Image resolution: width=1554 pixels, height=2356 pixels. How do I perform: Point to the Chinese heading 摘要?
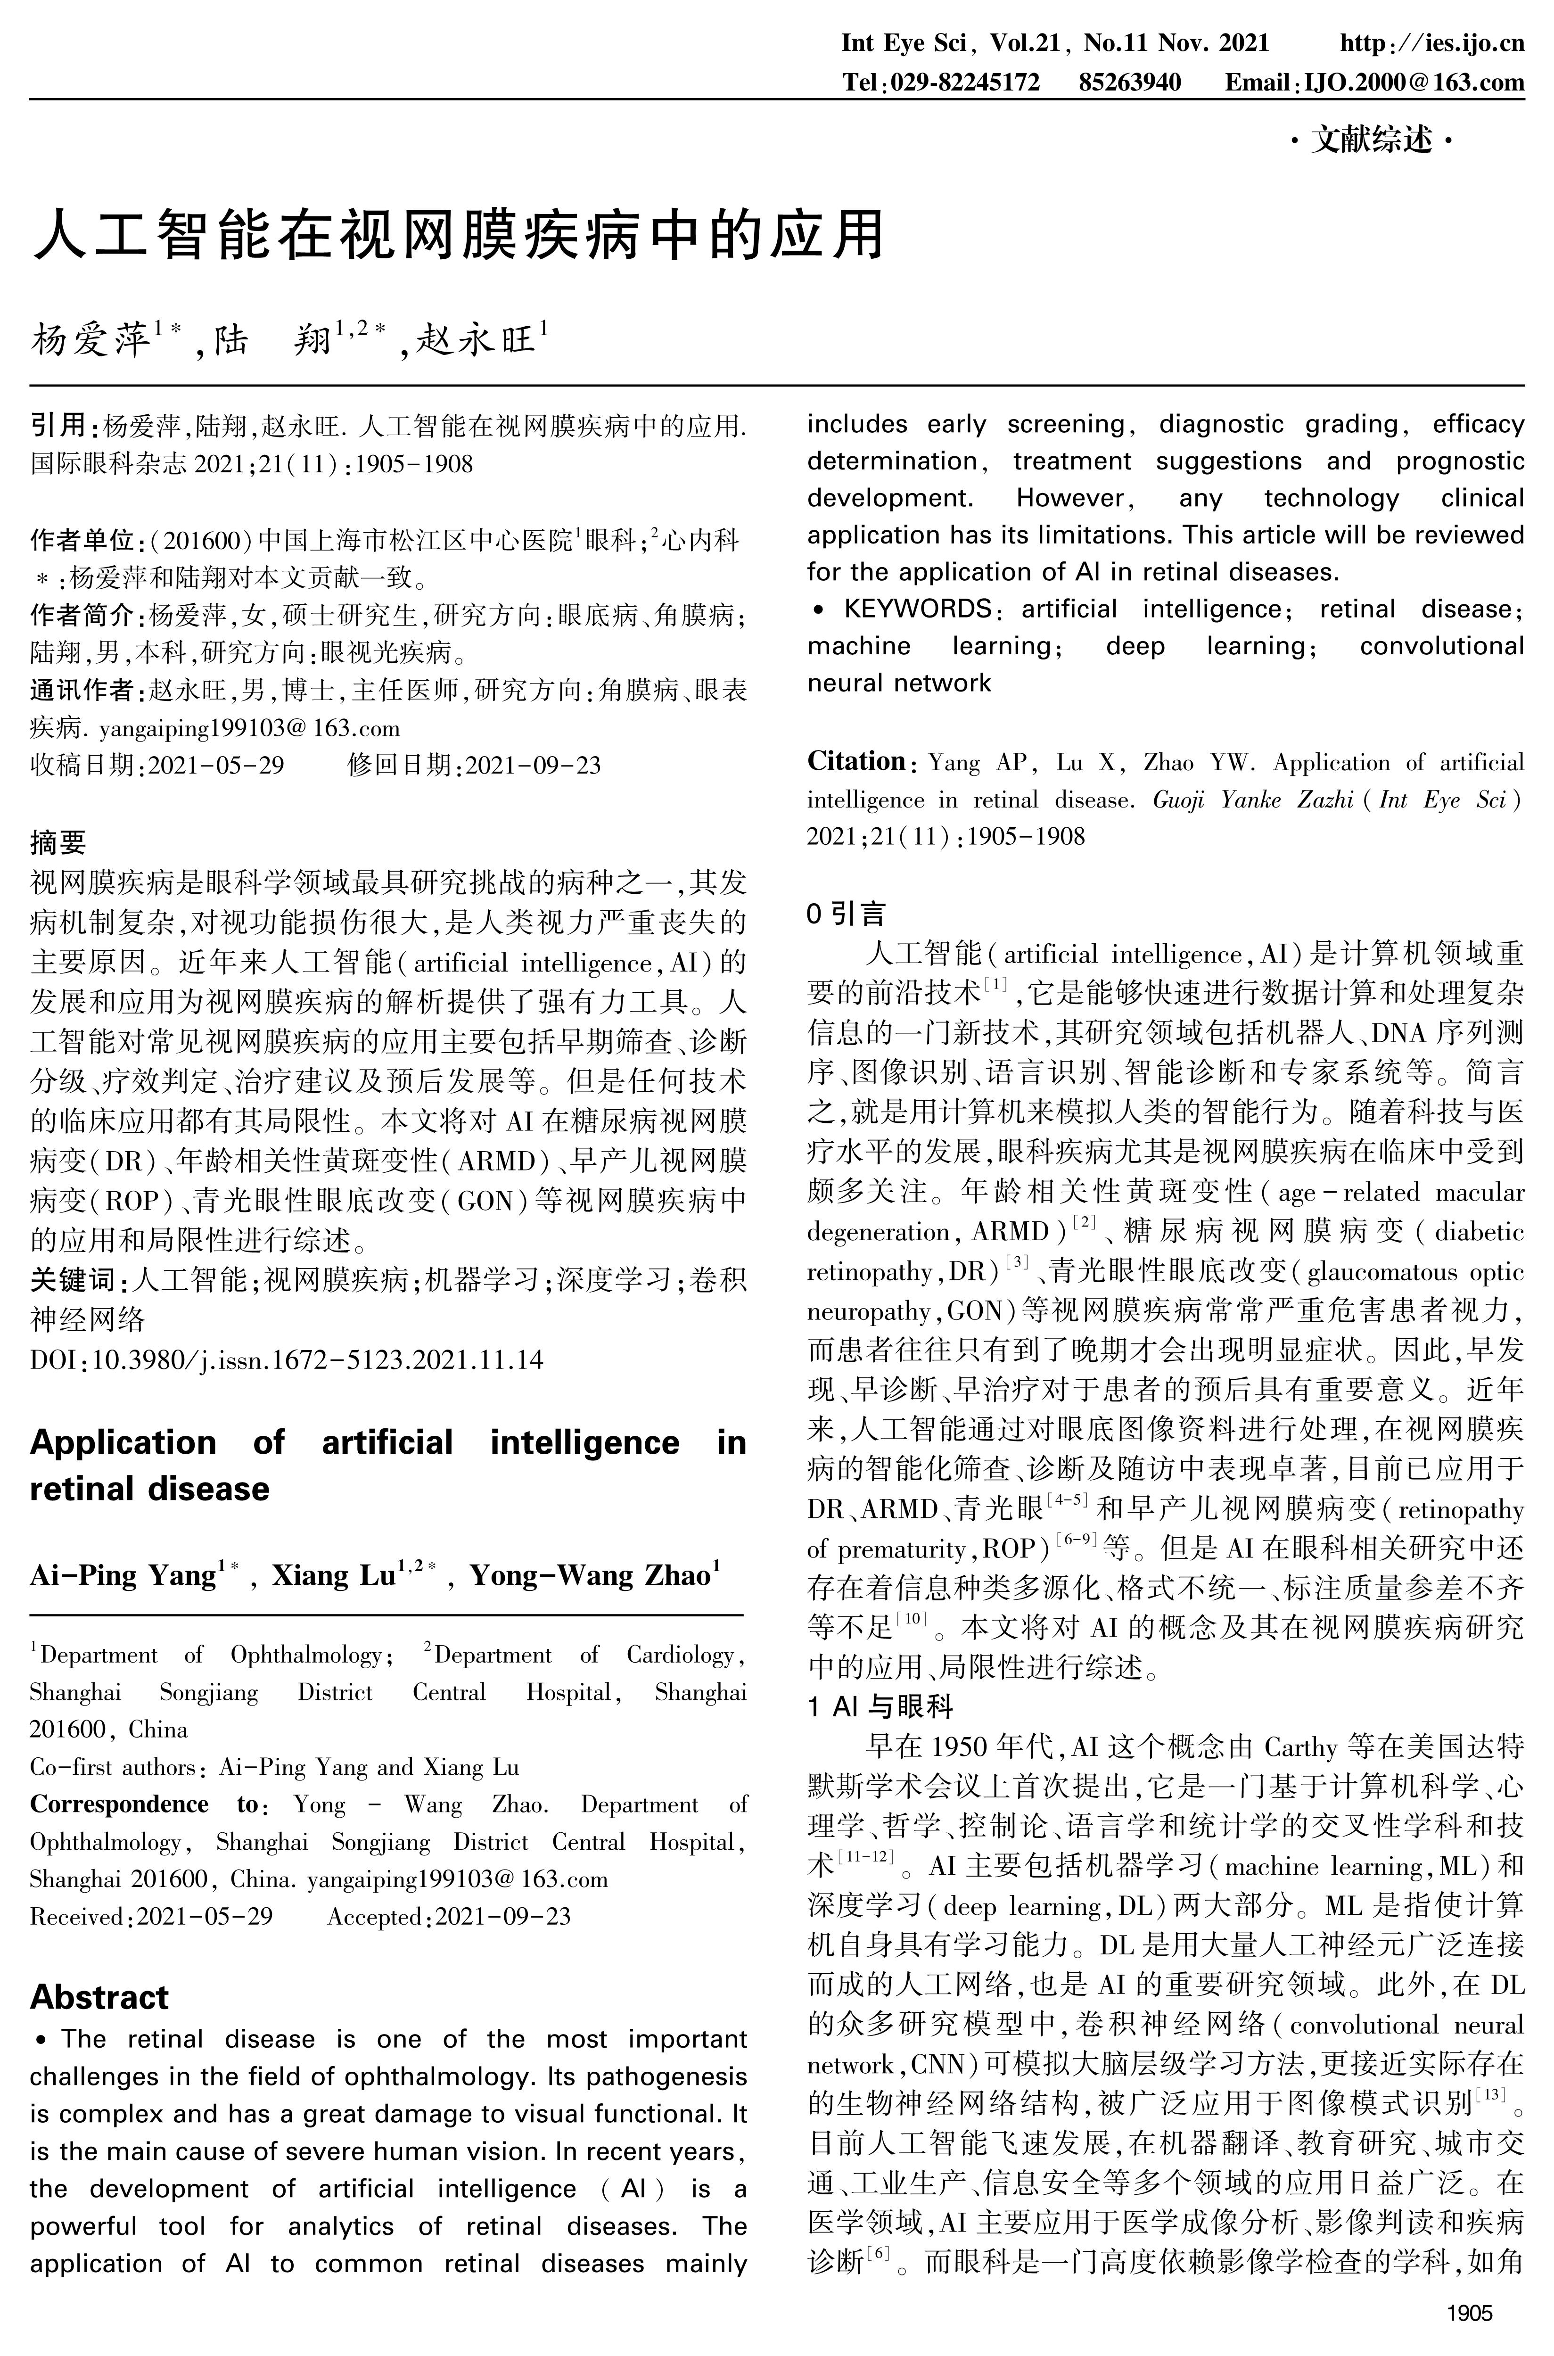click(x=58, y=842)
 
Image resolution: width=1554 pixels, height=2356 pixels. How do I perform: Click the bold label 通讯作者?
click(x=81, y=690)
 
